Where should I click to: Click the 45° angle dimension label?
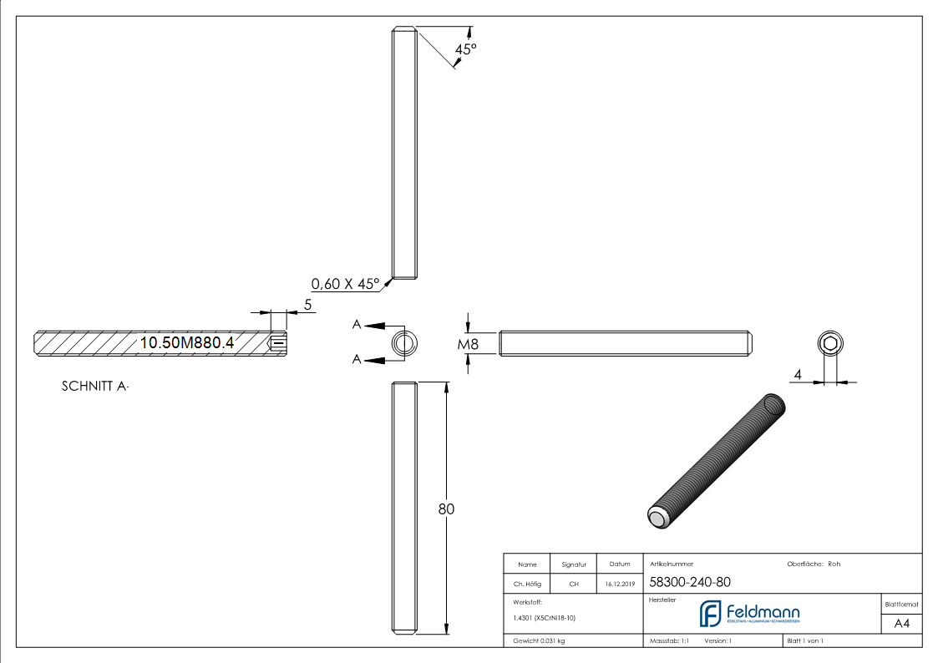point(465,49)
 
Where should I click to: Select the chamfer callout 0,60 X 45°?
point(345,282)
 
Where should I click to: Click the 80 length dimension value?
point(446,509)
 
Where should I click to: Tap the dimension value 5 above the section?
point(307,305)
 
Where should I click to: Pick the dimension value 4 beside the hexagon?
point(798,376)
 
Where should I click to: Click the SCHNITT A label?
point(95,387)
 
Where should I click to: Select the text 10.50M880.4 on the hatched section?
point(187,342)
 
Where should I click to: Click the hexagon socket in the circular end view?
point(829,344)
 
